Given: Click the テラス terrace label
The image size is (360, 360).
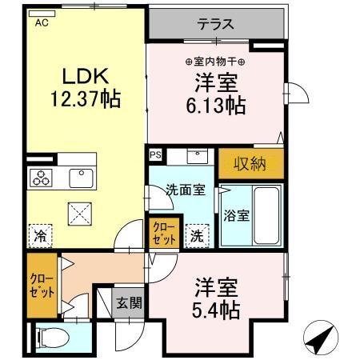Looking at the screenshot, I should click(x=215, y=23).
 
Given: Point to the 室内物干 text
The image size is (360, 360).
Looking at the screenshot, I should click(x=215, y=62).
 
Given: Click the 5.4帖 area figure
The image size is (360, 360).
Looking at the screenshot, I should click(x=216, y=310).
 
